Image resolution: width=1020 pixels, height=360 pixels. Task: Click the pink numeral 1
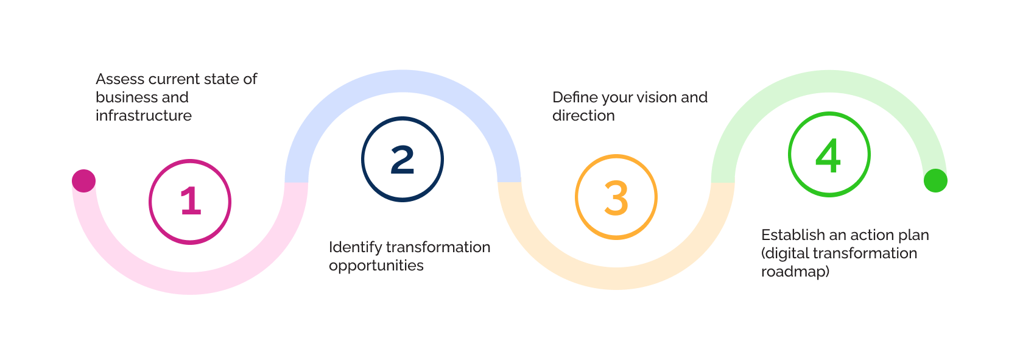[x=191, y=202]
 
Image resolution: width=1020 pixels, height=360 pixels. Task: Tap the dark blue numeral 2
[x=403, y=160]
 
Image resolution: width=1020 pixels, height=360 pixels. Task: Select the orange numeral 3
[x=616, y=198]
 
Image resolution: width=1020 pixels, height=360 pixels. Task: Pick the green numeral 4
[x=828, y=155]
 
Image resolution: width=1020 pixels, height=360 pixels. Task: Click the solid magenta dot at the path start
[x=84, y=181]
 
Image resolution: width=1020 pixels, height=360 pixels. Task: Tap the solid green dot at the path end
[x=935, y=180]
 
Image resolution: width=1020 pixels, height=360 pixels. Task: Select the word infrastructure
[x=144, y=116]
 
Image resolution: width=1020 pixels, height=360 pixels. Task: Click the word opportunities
[x=376, y=266]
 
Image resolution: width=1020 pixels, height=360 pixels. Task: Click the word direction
[x=583, y=116]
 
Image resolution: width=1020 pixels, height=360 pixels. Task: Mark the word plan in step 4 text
[x=913, y=235]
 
